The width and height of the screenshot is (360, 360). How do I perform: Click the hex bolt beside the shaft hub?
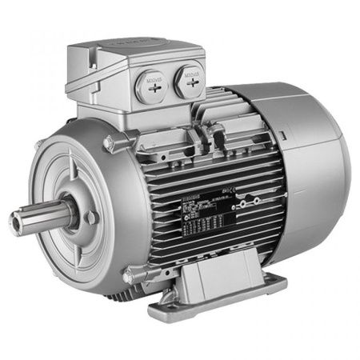91,217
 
